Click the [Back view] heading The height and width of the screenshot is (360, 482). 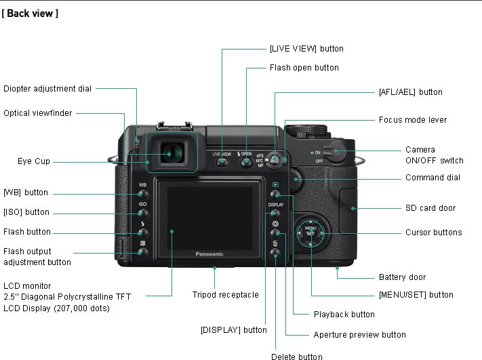click(x=30, y=13)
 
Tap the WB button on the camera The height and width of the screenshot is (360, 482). click(x=142, y=193)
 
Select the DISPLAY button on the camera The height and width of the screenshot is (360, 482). click(x=275, y=213)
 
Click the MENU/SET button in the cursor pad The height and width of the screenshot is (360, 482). click(x=310, y=233)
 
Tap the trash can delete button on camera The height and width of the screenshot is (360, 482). click(x=275, y=252)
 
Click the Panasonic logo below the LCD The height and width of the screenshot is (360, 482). click(x=209, y=254)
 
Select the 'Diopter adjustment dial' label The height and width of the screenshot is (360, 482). click(x=47, y=88)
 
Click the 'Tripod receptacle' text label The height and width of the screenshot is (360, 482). click(x=225, y=295)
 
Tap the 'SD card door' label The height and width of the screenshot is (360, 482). click(x=430, y=208)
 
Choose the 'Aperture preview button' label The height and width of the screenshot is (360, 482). click(x=359, y=334)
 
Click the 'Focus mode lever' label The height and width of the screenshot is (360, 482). click(x=412, y=120)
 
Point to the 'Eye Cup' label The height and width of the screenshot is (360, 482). click(x=33, y=161)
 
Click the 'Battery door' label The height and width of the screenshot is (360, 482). click(x=401, y=277)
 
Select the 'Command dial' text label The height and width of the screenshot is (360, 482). click(x=433, y=178)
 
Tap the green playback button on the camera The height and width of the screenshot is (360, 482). click(x=275, y=194)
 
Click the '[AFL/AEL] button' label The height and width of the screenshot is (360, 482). click(x=410, y=92)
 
